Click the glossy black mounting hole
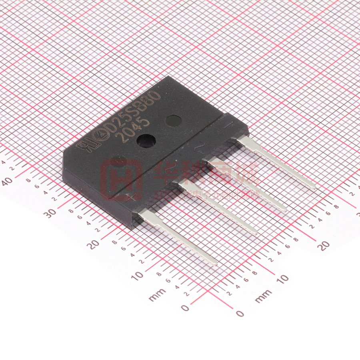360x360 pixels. [146, 140]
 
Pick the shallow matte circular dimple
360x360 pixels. [173, 120]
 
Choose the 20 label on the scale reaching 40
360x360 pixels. [94, 244]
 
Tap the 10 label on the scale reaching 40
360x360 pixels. [137, 276]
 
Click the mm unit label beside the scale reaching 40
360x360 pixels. [157, 296]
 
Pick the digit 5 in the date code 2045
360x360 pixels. [145, 122]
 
